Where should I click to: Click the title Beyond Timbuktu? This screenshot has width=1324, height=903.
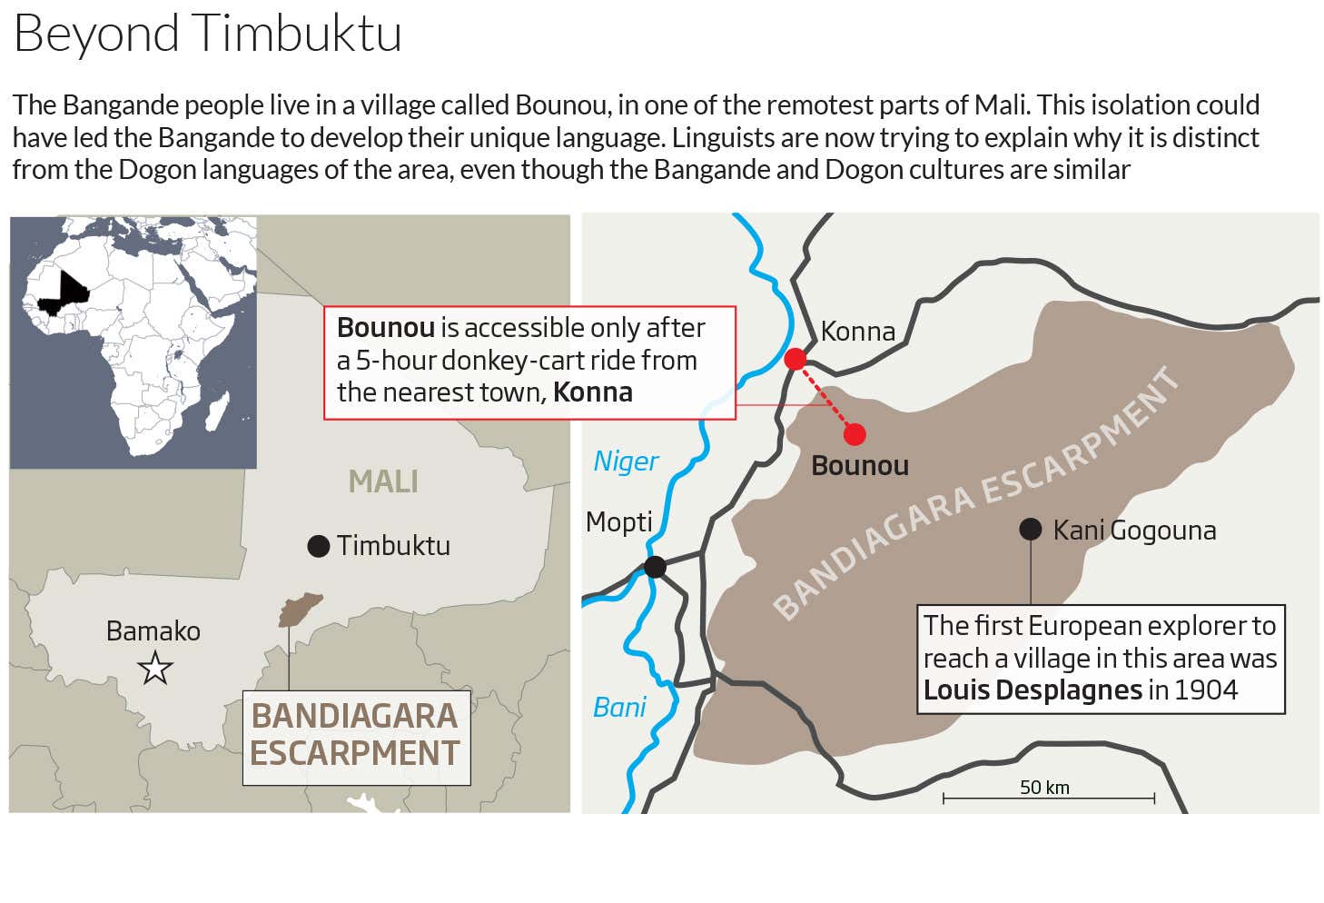click(208, 34)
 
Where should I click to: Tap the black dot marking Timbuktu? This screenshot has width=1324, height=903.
click(318, 545)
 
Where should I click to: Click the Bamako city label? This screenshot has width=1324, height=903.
click(153, 630)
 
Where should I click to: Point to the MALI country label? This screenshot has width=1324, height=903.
click(383, 481)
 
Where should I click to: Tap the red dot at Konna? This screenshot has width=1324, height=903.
click(795, 359)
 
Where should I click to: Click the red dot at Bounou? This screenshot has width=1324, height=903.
click(855, 435)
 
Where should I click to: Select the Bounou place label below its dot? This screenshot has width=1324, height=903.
click(860, 466)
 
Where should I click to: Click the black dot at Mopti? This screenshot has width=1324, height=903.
click(655, 567)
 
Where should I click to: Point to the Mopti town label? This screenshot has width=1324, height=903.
click(619, 521)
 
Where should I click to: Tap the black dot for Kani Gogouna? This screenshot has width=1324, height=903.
click(1030, 529)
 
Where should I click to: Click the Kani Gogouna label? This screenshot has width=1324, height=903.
click(1134, 530)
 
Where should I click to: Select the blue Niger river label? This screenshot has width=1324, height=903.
click(626, 461)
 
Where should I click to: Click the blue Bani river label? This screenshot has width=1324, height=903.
click(619, 707)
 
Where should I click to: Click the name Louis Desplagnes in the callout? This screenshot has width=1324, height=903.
click(1033, 690)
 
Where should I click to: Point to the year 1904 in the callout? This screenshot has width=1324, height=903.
click(1205, 690)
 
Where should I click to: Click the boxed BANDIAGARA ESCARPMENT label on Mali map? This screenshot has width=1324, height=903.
click(356, 735)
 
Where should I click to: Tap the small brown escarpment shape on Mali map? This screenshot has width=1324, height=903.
click(300, 609)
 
